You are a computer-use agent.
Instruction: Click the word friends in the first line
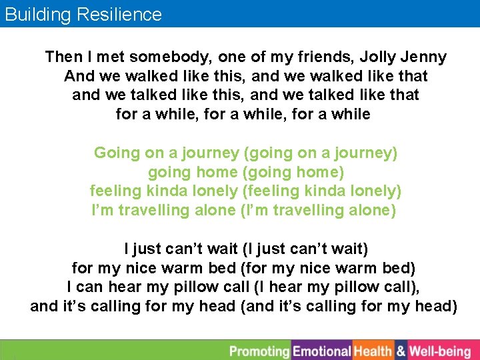pyautogui.click(x=315, y=57)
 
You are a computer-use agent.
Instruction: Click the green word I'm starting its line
pyautogui.click(x=103, y=211)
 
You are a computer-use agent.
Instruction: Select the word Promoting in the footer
pyautogui.click(x=260, y=351)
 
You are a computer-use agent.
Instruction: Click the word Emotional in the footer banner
pyautogui.click(x=322, y=351)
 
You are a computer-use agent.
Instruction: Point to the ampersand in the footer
pyautogui.click(x=401, y=351)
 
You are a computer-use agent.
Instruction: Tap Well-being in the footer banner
pyautogui.click(x=440, y=351)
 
